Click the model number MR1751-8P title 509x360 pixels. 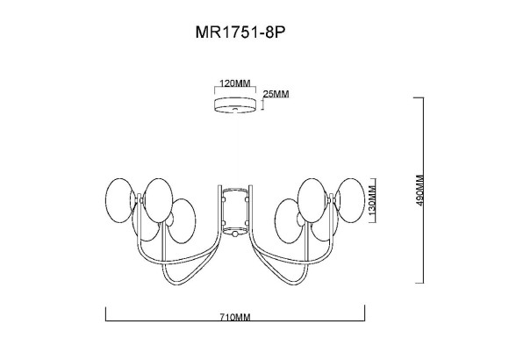pyautogui.click(x=240, y=32)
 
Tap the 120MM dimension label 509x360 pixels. pyautogui.click(x=235, y=84)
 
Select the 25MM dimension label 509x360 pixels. pyautogui.click(x=276, y=94)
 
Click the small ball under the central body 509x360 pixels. pyautogui.click(x=235, y=234)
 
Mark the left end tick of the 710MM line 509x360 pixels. pyautogui.click(x=106, y=312)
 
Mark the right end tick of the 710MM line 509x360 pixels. pyautogui.click(x=365, y=312)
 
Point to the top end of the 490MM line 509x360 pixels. pyautogui.click(x=426, y=97)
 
